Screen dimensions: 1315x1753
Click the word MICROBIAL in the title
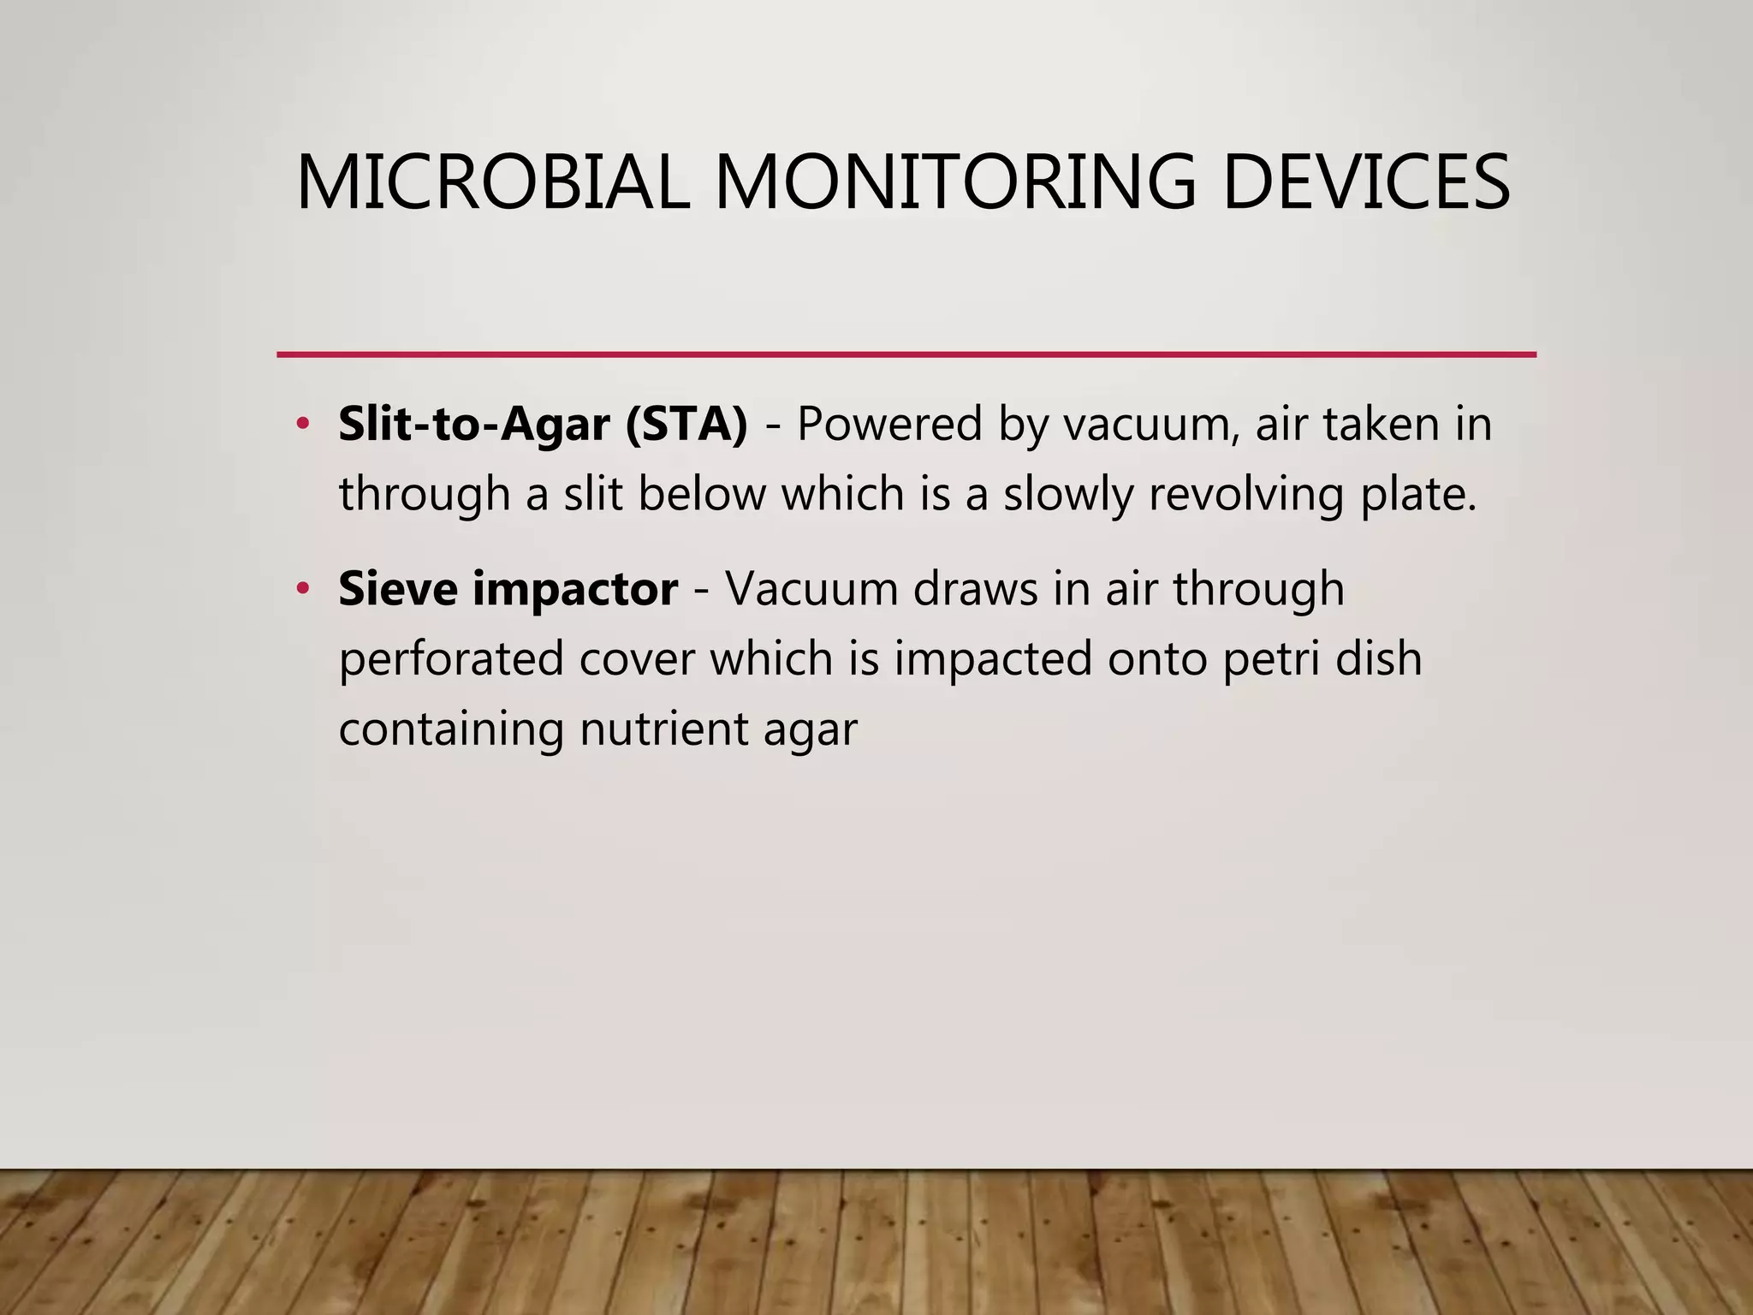pos(492,182)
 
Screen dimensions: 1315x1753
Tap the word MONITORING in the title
pos(954,182)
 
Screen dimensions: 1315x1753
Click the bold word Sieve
pos(398,589)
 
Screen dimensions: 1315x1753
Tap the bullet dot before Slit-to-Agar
pos(301,424)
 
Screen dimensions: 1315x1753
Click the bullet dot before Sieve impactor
pos(301,589)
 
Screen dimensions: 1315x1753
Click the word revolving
pos(1246,494)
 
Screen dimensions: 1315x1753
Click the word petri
pos(1260,659)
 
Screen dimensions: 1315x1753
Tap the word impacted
pos(994,659)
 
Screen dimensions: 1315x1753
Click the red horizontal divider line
pos(906,354)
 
